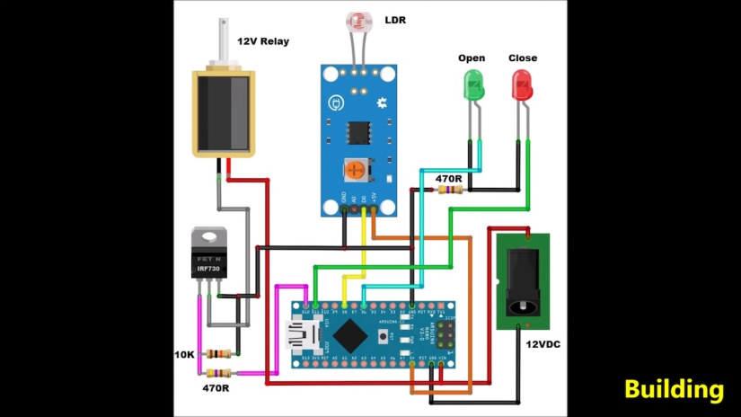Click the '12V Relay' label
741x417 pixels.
pos(263,41)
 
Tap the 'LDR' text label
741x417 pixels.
pos(396,19)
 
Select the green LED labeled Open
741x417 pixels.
pos(472,86)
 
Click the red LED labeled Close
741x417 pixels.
pos(521,86)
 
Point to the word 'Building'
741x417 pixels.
pos(674,389)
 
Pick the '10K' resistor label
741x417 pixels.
pos(184,354)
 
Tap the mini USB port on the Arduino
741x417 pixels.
pos(296,334)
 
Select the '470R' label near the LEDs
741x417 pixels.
pos(449,179)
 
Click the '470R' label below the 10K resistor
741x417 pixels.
pos(216,388)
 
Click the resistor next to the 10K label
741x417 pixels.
pos(218,354)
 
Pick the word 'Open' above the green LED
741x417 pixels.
pos(472,58)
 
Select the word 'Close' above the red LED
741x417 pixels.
pos(522,58)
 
